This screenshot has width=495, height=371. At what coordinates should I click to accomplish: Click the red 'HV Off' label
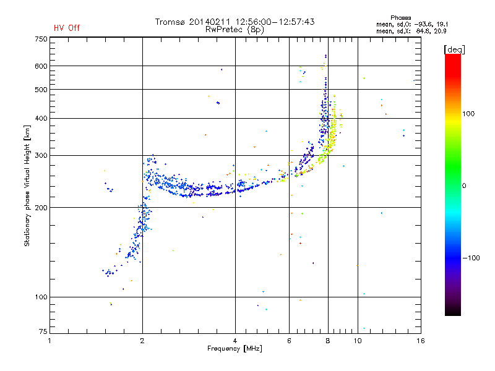coord(67,28)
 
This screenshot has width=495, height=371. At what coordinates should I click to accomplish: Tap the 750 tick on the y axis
coord(41,38)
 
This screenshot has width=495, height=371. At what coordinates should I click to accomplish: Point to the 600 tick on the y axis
coord(41,66)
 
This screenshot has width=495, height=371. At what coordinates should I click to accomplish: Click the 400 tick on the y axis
coord(41,118)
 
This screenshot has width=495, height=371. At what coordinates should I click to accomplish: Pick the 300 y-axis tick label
coord(41,155)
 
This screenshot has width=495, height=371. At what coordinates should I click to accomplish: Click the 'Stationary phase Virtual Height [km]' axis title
coord(27,185)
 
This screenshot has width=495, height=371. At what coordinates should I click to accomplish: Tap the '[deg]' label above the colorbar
coord(454,49)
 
